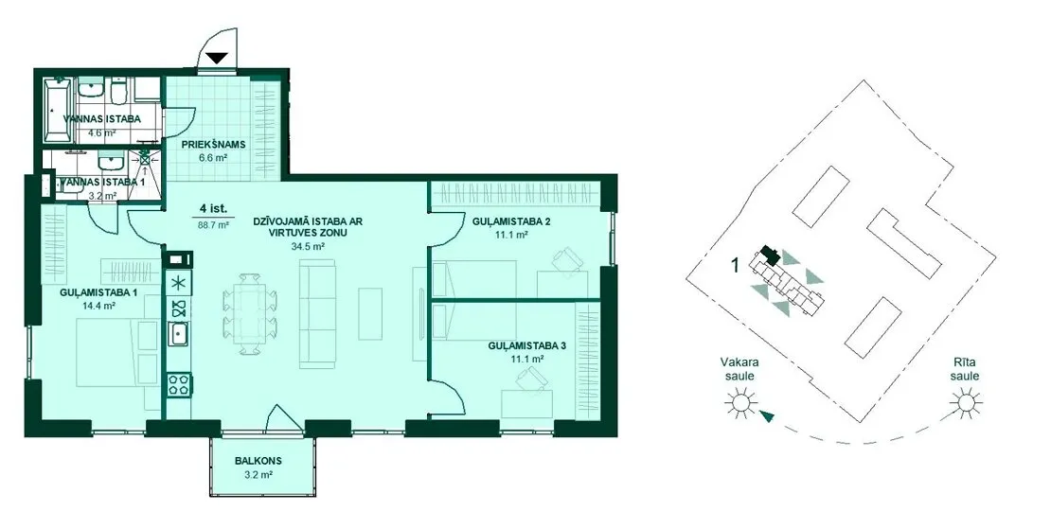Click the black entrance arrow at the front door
217,59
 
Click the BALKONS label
258,461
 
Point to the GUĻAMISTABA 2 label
510,221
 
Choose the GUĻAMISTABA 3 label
526,345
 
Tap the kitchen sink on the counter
178,333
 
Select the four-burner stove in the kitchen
179,385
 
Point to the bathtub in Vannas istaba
58,111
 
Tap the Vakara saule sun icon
740,404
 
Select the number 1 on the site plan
735,266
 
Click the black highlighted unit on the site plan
769,255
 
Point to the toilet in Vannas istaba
118,93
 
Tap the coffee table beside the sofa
370,313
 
